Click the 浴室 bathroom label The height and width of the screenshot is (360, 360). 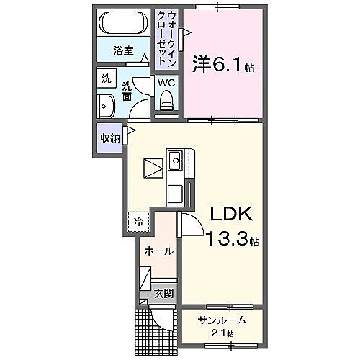click(124, 50)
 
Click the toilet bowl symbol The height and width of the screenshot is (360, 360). click(167, 100)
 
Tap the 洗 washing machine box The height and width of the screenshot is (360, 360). click(106, 78)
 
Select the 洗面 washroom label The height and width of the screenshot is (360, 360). click(127, 90)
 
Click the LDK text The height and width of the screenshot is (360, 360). click(230, 214)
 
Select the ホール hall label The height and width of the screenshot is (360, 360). click(158, 251)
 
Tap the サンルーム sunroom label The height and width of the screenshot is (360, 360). click(223, 321)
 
